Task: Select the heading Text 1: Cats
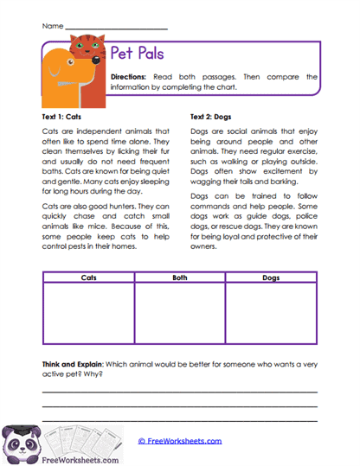(67, 115)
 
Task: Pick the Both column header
(179, 278)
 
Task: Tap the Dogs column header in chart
(271, 278)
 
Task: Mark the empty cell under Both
(179, 313)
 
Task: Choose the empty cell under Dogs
(271, 313)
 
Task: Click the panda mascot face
(19, 444)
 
